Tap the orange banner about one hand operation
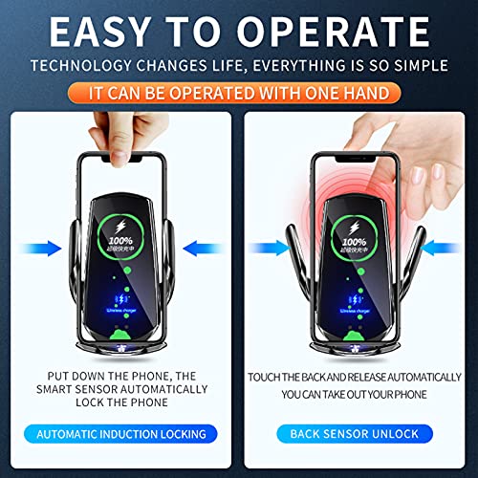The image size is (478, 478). pyautogui.click(x=238, y=93)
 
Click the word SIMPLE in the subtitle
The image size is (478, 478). pyautogui.click(x=417, y=66)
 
